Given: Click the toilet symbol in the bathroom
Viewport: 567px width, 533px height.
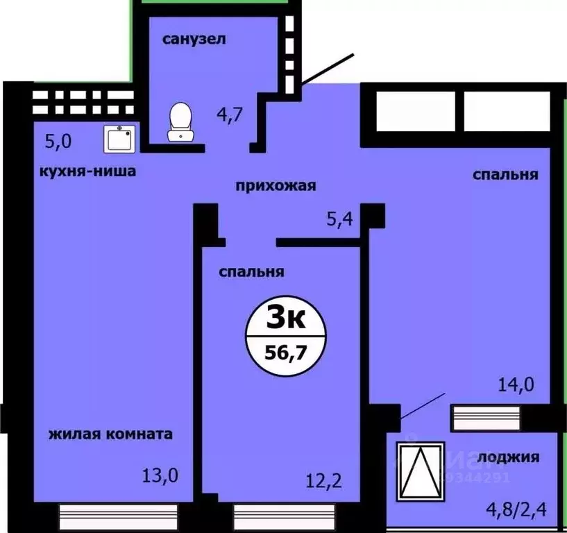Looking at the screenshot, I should [181, 121].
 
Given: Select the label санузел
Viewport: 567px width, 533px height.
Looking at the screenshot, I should [194, 39].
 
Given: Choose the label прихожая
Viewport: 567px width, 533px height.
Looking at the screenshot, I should [276, 185].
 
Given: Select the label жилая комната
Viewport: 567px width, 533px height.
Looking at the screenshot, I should [110, 435].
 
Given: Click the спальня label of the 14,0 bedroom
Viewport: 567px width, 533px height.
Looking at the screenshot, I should [505, 175].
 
